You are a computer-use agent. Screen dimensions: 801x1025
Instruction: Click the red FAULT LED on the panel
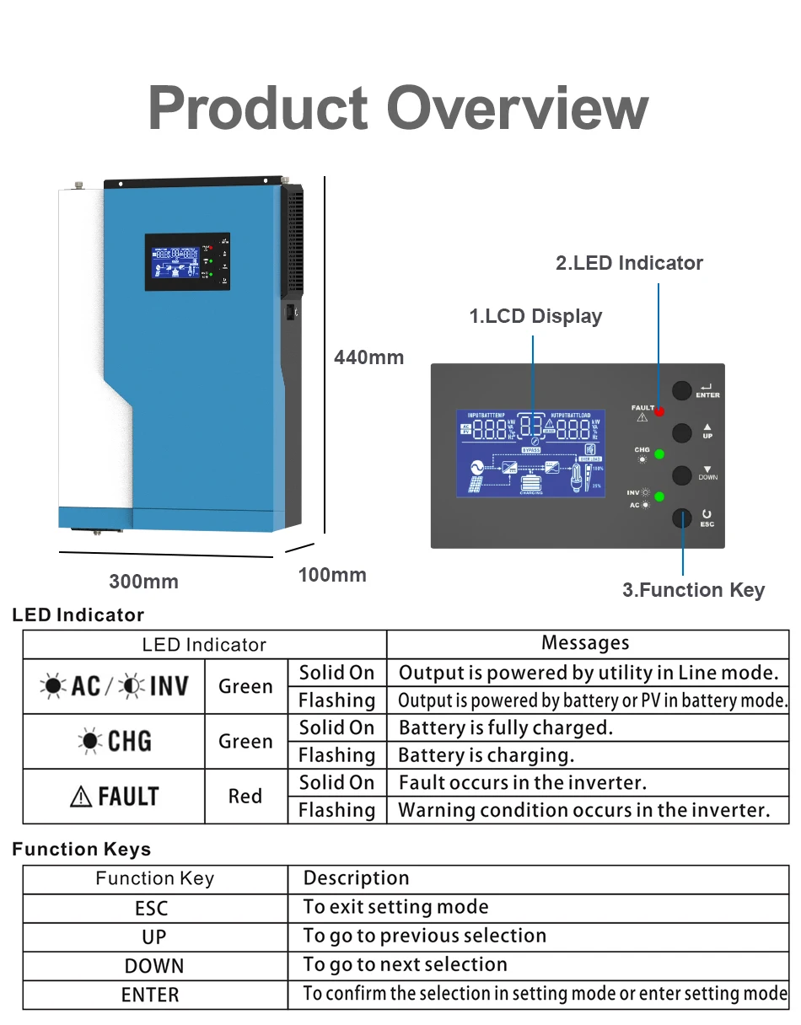(659, 411)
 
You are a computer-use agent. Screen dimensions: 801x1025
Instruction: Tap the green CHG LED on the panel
(659, 455)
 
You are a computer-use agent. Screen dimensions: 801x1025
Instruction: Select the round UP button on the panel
(681, 432)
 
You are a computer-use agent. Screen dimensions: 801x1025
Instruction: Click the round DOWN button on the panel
(681, 475)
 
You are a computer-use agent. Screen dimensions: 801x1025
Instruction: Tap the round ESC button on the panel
(681, 518)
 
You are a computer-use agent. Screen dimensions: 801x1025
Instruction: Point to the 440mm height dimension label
(368, 357)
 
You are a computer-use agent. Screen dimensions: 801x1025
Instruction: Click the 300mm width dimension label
(143, 582)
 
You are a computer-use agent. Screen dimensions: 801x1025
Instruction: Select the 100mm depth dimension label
(332, 575)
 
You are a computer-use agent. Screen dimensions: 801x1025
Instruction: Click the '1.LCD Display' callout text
(535, 316)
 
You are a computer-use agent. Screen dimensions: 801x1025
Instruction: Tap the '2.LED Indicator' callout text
(629, 263)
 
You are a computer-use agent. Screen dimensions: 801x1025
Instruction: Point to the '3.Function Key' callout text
(693, 590)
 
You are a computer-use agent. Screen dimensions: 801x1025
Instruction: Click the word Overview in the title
(517, 109)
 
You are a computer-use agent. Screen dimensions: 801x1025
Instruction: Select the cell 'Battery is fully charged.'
(505, 727)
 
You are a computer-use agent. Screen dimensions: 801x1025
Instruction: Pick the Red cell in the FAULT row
(245, 796)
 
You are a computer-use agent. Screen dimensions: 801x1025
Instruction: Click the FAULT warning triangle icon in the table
(81, 797)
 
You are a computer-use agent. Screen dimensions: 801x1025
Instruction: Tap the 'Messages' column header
(585, 643)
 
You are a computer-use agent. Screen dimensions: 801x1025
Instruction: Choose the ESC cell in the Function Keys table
(152, 909)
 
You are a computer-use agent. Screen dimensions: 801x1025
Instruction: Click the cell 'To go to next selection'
(405, 964)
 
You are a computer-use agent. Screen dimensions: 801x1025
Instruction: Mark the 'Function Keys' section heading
(82, 850)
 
